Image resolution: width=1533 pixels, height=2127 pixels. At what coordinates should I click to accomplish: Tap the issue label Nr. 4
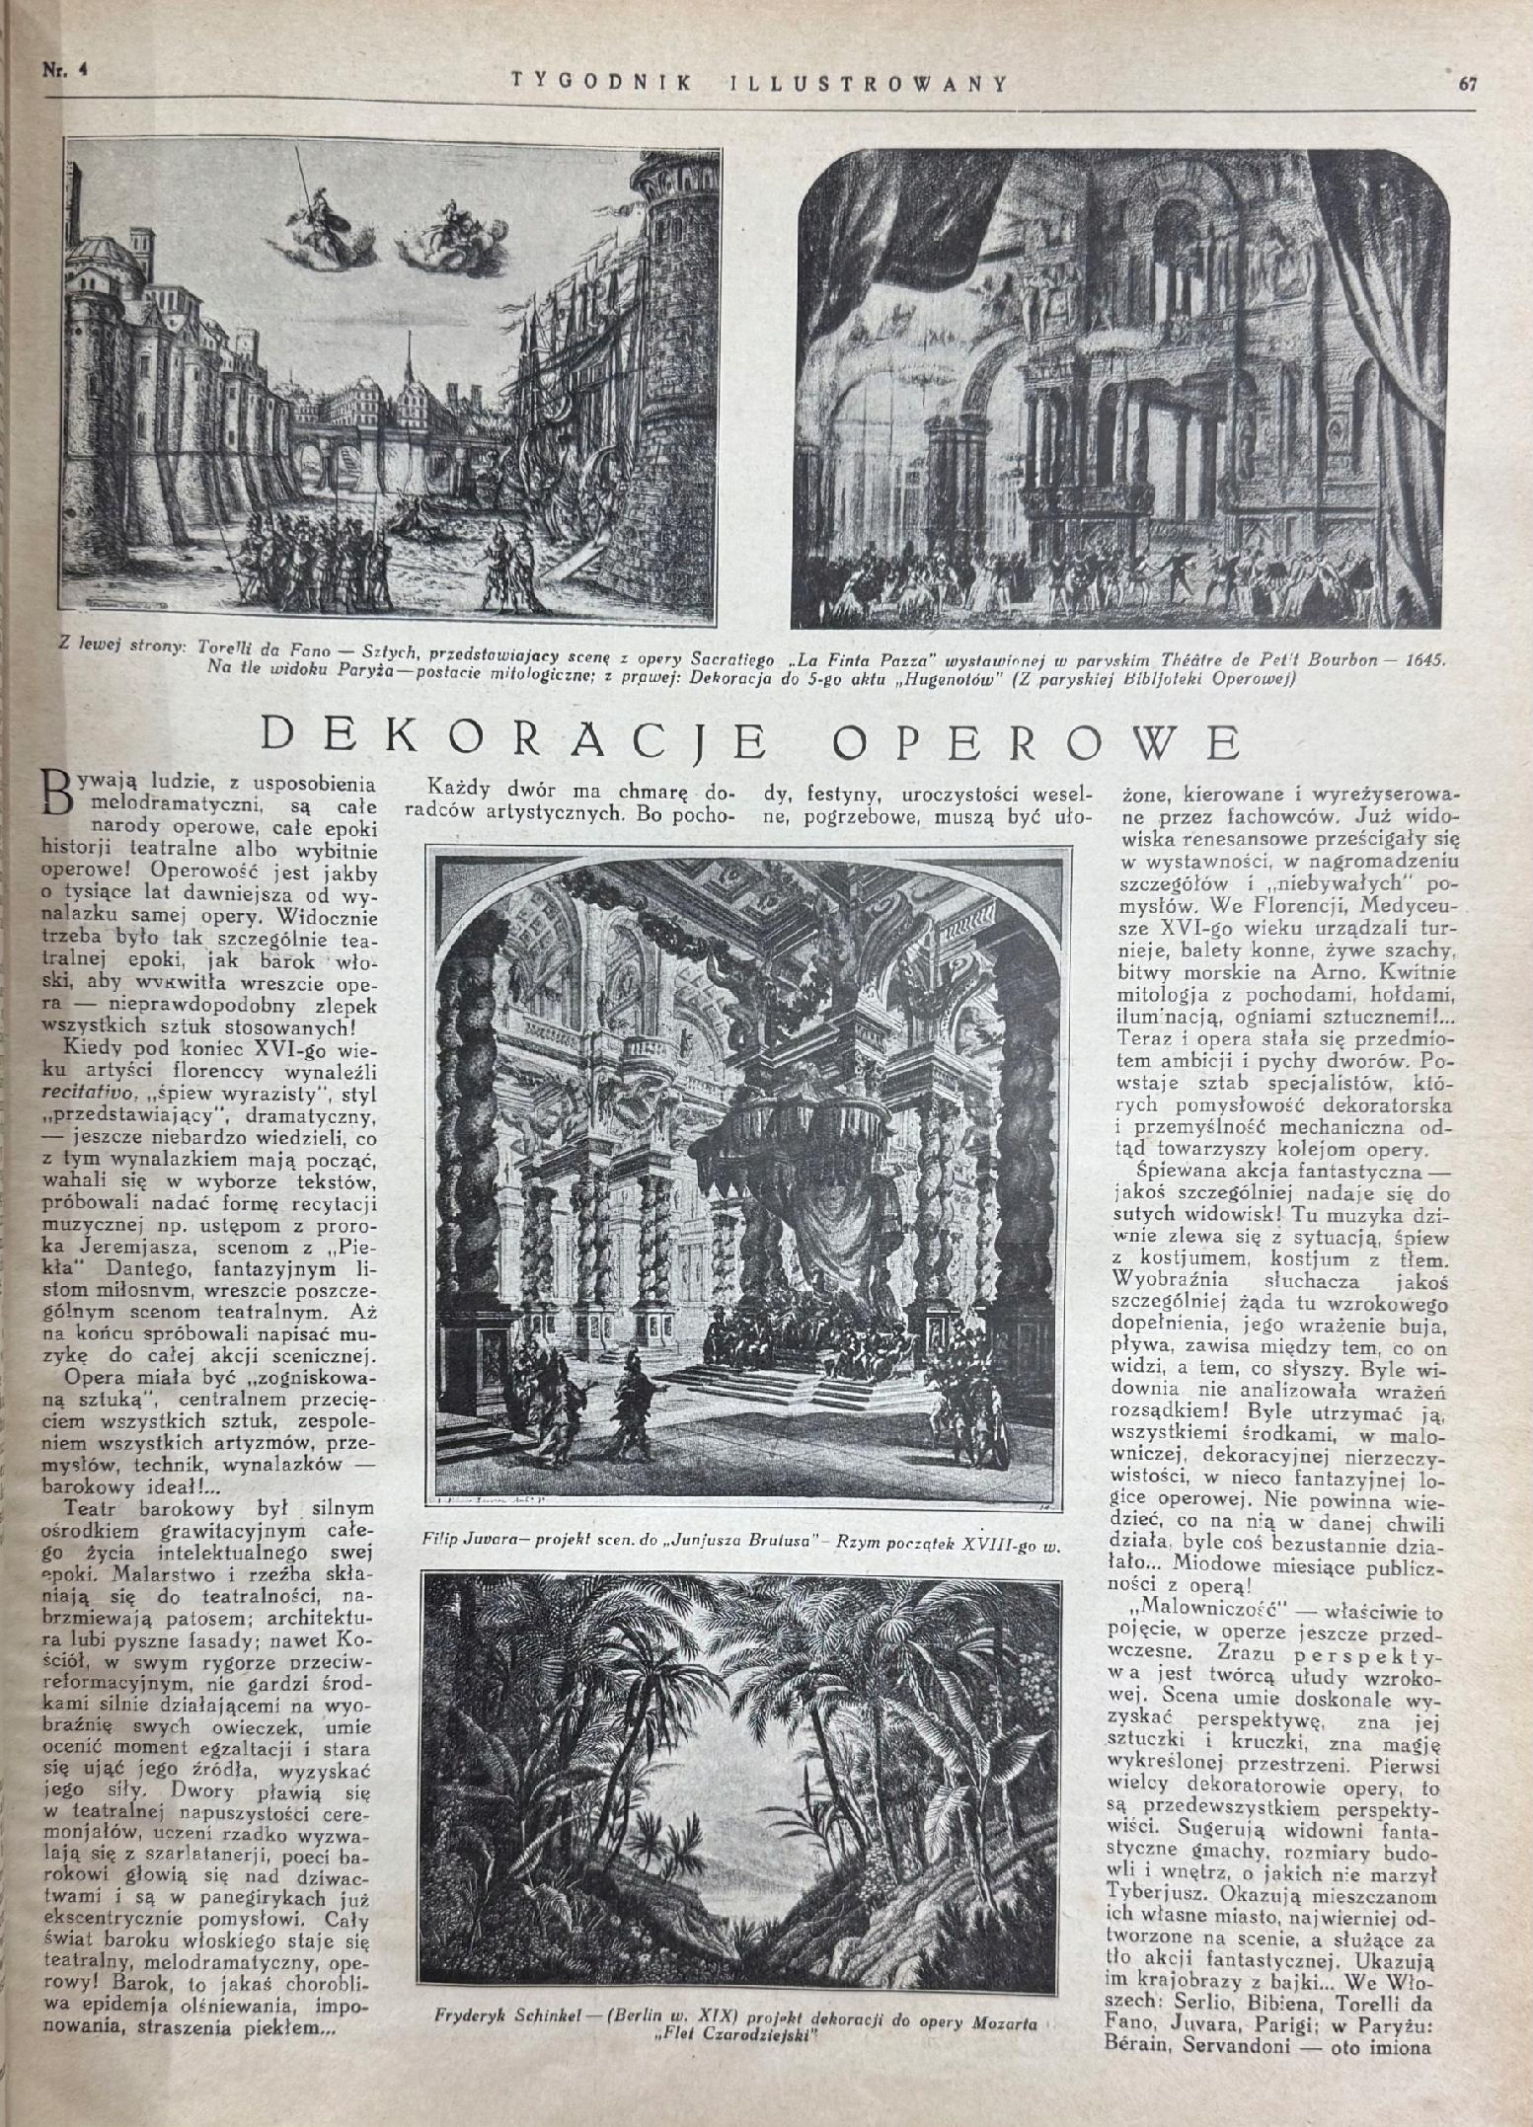tap(60, 71)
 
